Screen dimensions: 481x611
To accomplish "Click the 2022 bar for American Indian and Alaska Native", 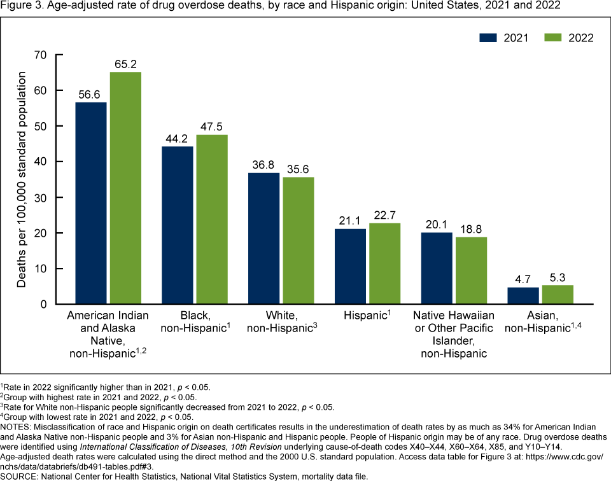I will [125, 188].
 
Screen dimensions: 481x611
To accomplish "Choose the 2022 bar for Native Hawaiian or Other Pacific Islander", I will [472, 270].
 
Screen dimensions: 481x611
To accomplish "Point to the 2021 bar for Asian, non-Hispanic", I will [524, 296].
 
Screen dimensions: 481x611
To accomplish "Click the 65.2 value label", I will [126, 64].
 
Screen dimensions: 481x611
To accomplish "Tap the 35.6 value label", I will [298, 169].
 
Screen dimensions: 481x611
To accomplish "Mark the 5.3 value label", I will [558, 277].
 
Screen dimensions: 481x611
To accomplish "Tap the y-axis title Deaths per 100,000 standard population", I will [22, 179].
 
